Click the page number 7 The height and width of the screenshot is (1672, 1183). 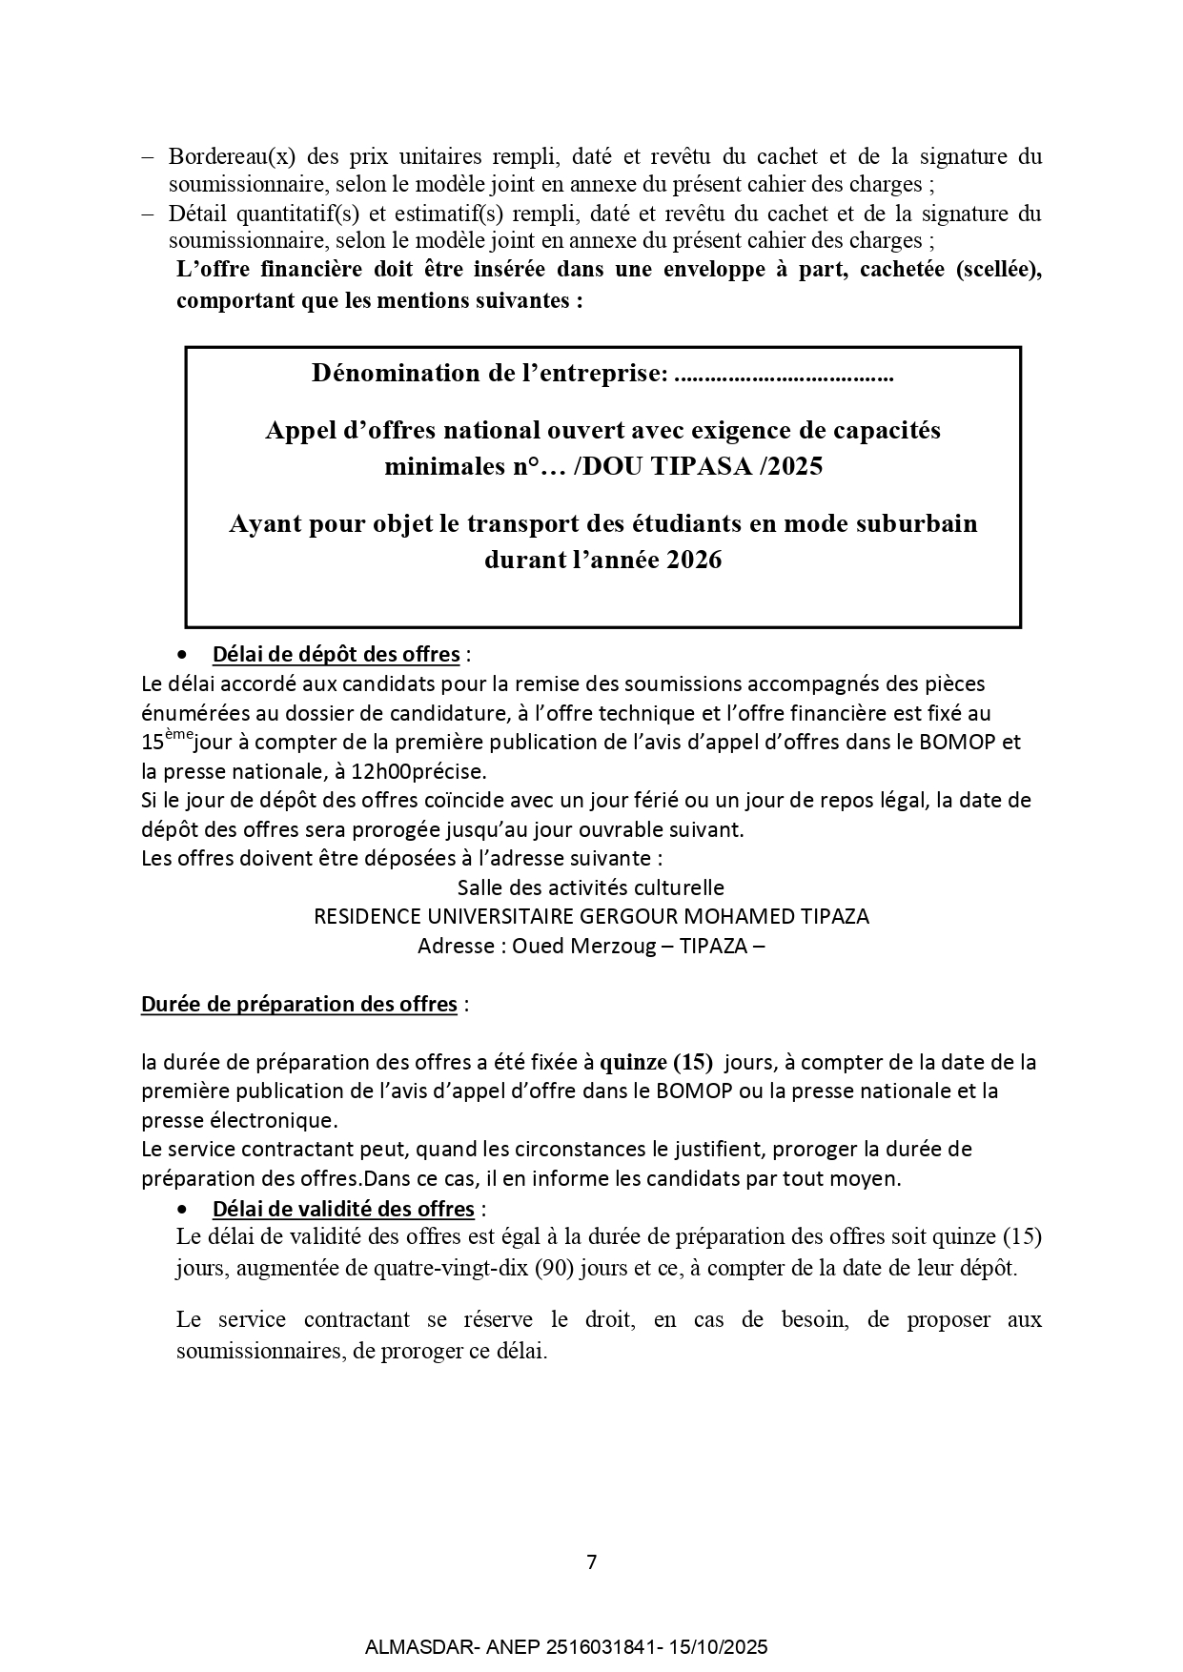point(591,1562)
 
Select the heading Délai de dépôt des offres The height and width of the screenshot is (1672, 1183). point(336,655)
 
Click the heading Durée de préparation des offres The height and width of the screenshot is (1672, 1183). point(298,1005)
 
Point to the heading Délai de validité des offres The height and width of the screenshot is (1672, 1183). point(343,1209)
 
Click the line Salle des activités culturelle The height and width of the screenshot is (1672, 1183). point(590,887)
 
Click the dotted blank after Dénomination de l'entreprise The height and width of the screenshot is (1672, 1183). point(783,375)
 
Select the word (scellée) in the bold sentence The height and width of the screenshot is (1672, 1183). point(996,270)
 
